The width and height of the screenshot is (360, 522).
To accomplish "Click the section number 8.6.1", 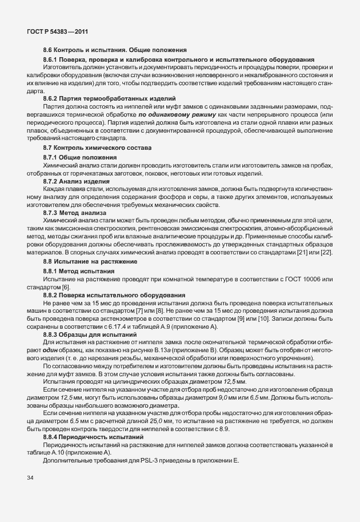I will coord(51,60).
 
